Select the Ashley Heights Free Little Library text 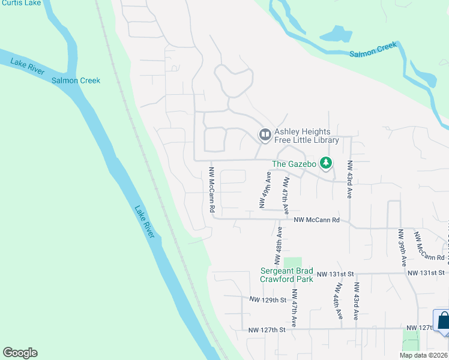click(x=307, y=136)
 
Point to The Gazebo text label click(x=294, y=163)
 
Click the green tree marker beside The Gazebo click(x=325, y=162)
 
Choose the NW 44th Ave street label click(x=337, y=300)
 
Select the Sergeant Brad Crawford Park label click(x=287, y=275)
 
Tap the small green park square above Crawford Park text click(x=292, y=262)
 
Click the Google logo click(x=20, y=353)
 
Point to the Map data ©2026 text click(x=423, y=355)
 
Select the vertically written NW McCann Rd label click(x=212, y=190)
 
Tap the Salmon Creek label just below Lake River click(x=76, y=80)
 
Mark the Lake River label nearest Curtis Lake click(x=27, y=67)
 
